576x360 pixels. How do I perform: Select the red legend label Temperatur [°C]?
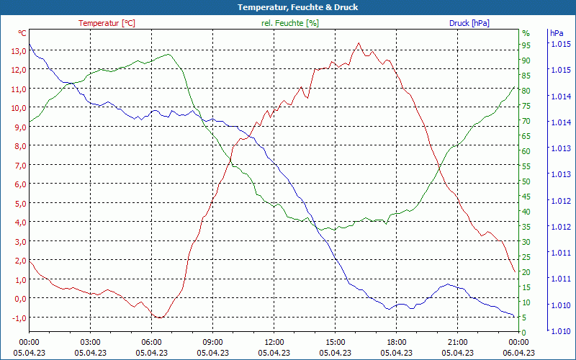click(x=107, y=23)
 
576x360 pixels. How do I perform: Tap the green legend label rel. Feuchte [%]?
click(x=290, y=23)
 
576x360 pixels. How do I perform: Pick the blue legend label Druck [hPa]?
click(x=469, y=23)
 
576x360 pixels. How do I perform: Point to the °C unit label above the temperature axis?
click(x=22, y=33)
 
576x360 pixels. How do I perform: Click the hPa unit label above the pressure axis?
click(x=557, y=33)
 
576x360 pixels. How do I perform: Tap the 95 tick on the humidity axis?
click(x=526, y=44)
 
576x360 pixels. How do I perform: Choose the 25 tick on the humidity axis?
click(x=526, y=257)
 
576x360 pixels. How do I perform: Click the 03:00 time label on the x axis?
click(x=90, y=342)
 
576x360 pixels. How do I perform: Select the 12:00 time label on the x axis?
click(x=274, y=342)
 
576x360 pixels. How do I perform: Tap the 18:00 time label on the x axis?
click(x=396, y=342)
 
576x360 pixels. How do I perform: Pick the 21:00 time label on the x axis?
click(x=457, y=342)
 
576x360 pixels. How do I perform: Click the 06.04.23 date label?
click(x=518, y=353)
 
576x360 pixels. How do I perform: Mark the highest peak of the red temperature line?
click(x=359, y=42)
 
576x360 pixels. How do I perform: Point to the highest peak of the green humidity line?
click(x=168, y=54)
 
